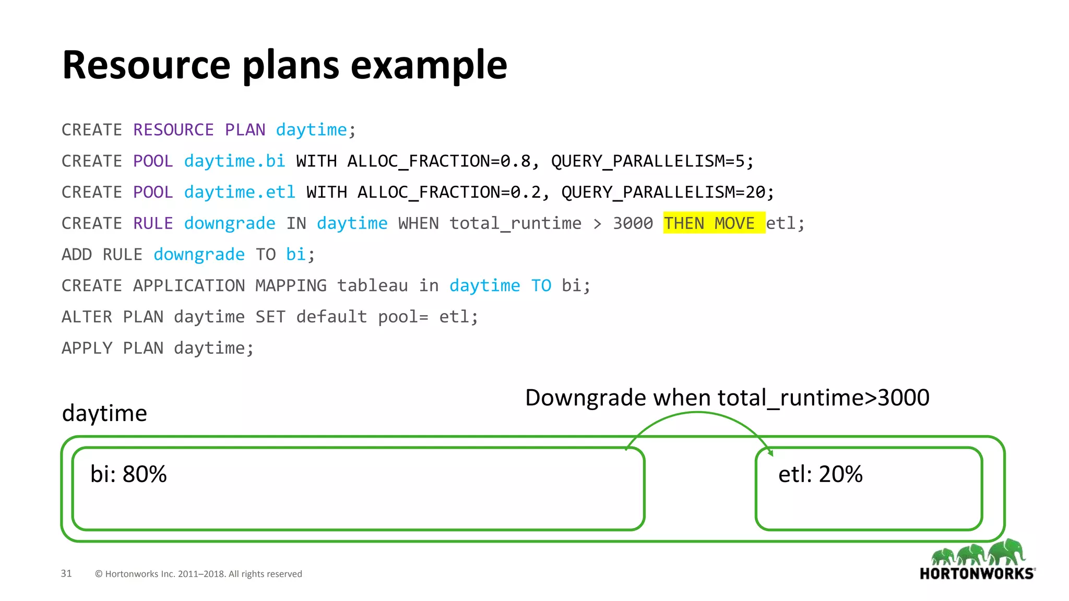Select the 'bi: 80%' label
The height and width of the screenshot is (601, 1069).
[x=128, y=474]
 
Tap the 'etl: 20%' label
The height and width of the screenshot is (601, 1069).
[x=820, y=474]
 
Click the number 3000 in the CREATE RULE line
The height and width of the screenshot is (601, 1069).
[x=633, y=223]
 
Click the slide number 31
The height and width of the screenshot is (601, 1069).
[x=66, y=573]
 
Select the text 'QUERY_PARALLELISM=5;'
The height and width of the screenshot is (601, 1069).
[x=652, y=161]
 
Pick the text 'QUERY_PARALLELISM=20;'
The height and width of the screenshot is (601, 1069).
[x=668, y=193]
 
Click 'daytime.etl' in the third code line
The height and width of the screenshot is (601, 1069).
[x=240, y=193]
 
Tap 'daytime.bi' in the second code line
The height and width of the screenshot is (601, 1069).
[x=234, y=161]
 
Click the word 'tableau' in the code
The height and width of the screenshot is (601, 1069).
[x=372, y=286]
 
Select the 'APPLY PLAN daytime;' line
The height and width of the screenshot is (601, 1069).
[x=158, y=348]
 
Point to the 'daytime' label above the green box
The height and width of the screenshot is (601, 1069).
[x=104, y=413]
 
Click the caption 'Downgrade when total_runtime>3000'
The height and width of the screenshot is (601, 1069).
[x=727, y=398]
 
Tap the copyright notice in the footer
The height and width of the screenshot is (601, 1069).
[x=198, y=574]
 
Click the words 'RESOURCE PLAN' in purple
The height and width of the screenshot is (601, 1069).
[x=199, y=130]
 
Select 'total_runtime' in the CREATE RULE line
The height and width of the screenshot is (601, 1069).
[x=515, y=223]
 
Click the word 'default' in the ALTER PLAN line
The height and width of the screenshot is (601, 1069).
[x=331, y=317]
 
